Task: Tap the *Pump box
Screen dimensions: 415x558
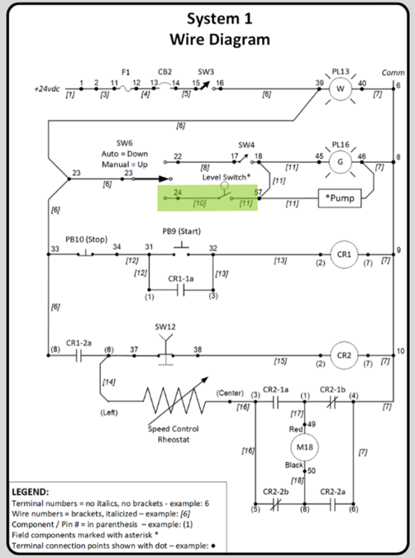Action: (340, 198)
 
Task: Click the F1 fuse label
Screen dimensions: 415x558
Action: (126, 72)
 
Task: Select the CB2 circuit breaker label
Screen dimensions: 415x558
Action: (165, 72)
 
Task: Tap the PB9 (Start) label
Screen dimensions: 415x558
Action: (182, 231)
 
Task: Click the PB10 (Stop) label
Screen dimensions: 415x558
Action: (86, 239)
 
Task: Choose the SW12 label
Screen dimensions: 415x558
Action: (165, 327)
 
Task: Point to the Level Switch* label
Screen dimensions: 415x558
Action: (227, 177)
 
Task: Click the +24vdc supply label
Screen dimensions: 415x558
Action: (47, 88)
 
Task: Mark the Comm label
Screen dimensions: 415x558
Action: (393, 73)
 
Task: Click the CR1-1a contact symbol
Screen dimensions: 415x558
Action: (181, 290)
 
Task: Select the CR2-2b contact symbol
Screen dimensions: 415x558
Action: (275, 504)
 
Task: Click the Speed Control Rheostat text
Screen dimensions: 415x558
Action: (174, 434)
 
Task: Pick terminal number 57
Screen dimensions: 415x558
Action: (258, 192)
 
